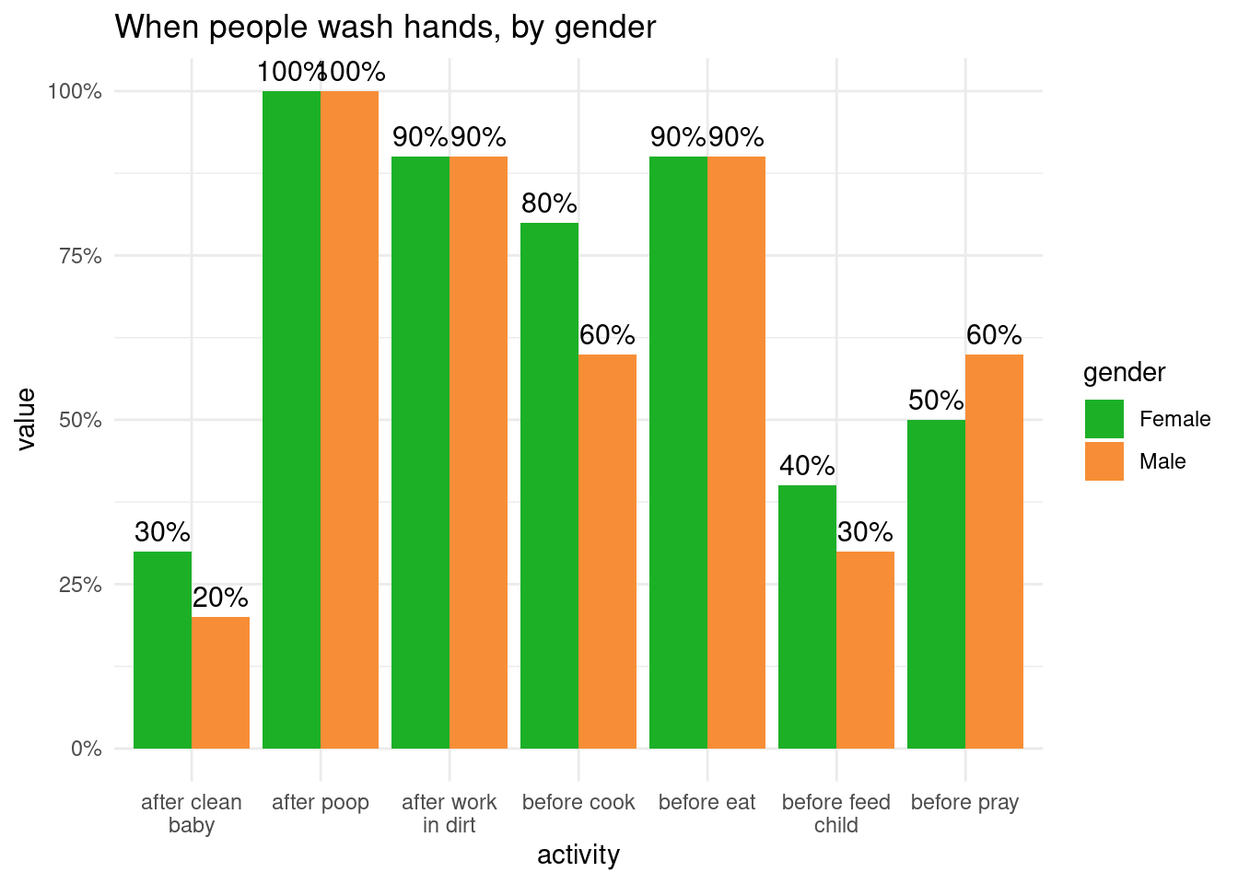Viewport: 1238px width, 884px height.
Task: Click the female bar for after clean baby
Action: click(162, 649)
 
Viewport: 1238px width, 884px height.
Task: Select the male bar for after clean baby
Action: click(220, 682)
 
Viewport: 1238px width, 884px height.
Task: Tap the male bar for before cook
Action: click(607, 551)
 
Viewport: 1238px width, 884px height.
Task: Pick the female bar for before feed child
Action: click(807, 617)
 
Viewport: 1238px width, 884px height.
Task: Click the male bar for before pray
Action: click(994, 551)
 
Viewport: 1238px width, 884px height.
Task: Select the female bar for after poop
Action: click(291, 419)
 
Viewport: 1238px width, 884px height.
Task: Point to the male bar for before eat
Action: click(736, 452)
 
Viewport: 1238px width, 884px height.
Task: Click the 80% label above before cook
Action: click(549, 204)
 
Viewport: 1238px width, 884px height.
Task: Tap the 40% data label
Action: click(807, 466)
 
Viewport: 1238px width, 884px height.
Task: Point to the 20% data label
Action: click(220, 598)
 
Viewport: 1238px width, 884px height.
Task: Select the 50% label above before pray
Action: click(936, 401)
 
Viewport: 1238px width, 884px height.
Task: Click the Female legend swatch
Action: click(1104, 419)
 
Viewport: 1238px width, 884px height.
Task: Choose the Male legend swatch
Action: click(1104, 461)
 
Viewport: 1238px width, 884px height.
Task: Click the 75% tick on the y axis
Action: click(80, 256)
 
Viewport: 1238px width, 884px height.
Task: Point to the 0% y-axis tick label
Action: click(86, 749)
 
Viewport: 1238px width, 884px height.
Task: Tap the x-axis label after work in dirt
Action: click(450, 813)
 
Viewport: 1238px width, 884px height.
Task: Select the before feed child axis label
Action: click(836, 813)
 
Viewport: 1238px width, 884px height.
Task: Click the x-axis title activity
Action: click(578, 855)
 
